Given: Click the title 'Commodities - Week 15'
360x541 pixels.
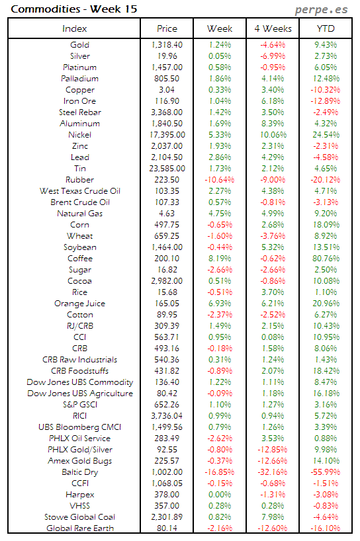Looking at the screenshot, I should pos(54,9).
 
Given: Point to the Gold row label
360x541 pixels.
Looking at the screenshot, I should pos(79,45).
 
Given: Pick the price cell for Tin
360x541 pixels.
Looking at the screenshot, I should pos(167,169).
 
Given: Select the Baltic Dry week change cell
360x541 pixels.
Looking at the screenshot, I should pos(219,472).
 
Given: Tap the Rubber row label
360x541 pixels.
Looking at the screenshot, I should pos(79,180).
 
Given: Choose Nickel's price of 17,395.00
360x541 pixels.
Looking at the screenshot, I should pos(167,135).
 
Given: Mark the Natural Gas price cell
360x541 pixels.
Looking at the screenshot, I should pos(167,214).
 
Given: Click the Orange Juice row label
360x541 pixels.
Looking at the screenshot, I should pos(79,304).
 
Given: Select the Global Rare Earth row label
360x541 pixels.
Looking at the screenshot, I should pos(79,528).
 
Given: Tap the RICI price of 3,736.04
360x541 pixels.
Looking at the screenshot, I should pos(167,416).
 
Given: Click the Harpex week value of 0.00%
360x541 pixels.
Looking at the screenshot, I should pos(219,495).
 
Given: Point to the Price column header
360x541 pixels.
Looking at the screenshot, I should pos(167,28).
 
